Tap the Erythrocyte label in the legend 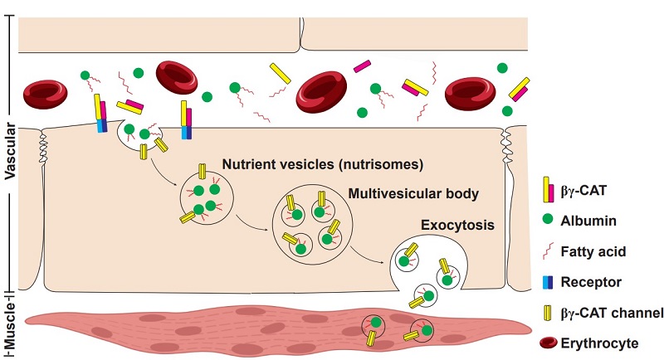(x=600, y=340)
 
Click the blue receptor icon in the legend (x=548, y=282)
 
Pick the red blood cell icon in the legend (x=548, y=340)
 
